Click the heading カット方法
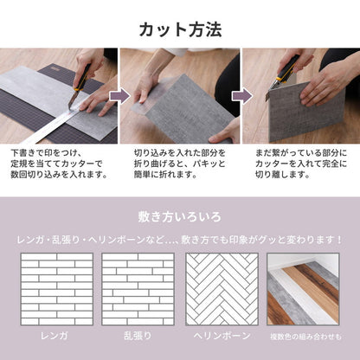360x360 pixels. click(x=180, y=29)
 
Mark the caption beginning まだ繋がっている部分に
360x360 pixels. click(x=299, y=162)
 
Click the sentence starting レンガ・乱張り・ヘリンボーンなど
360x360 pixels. click(x=180, y=238)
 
